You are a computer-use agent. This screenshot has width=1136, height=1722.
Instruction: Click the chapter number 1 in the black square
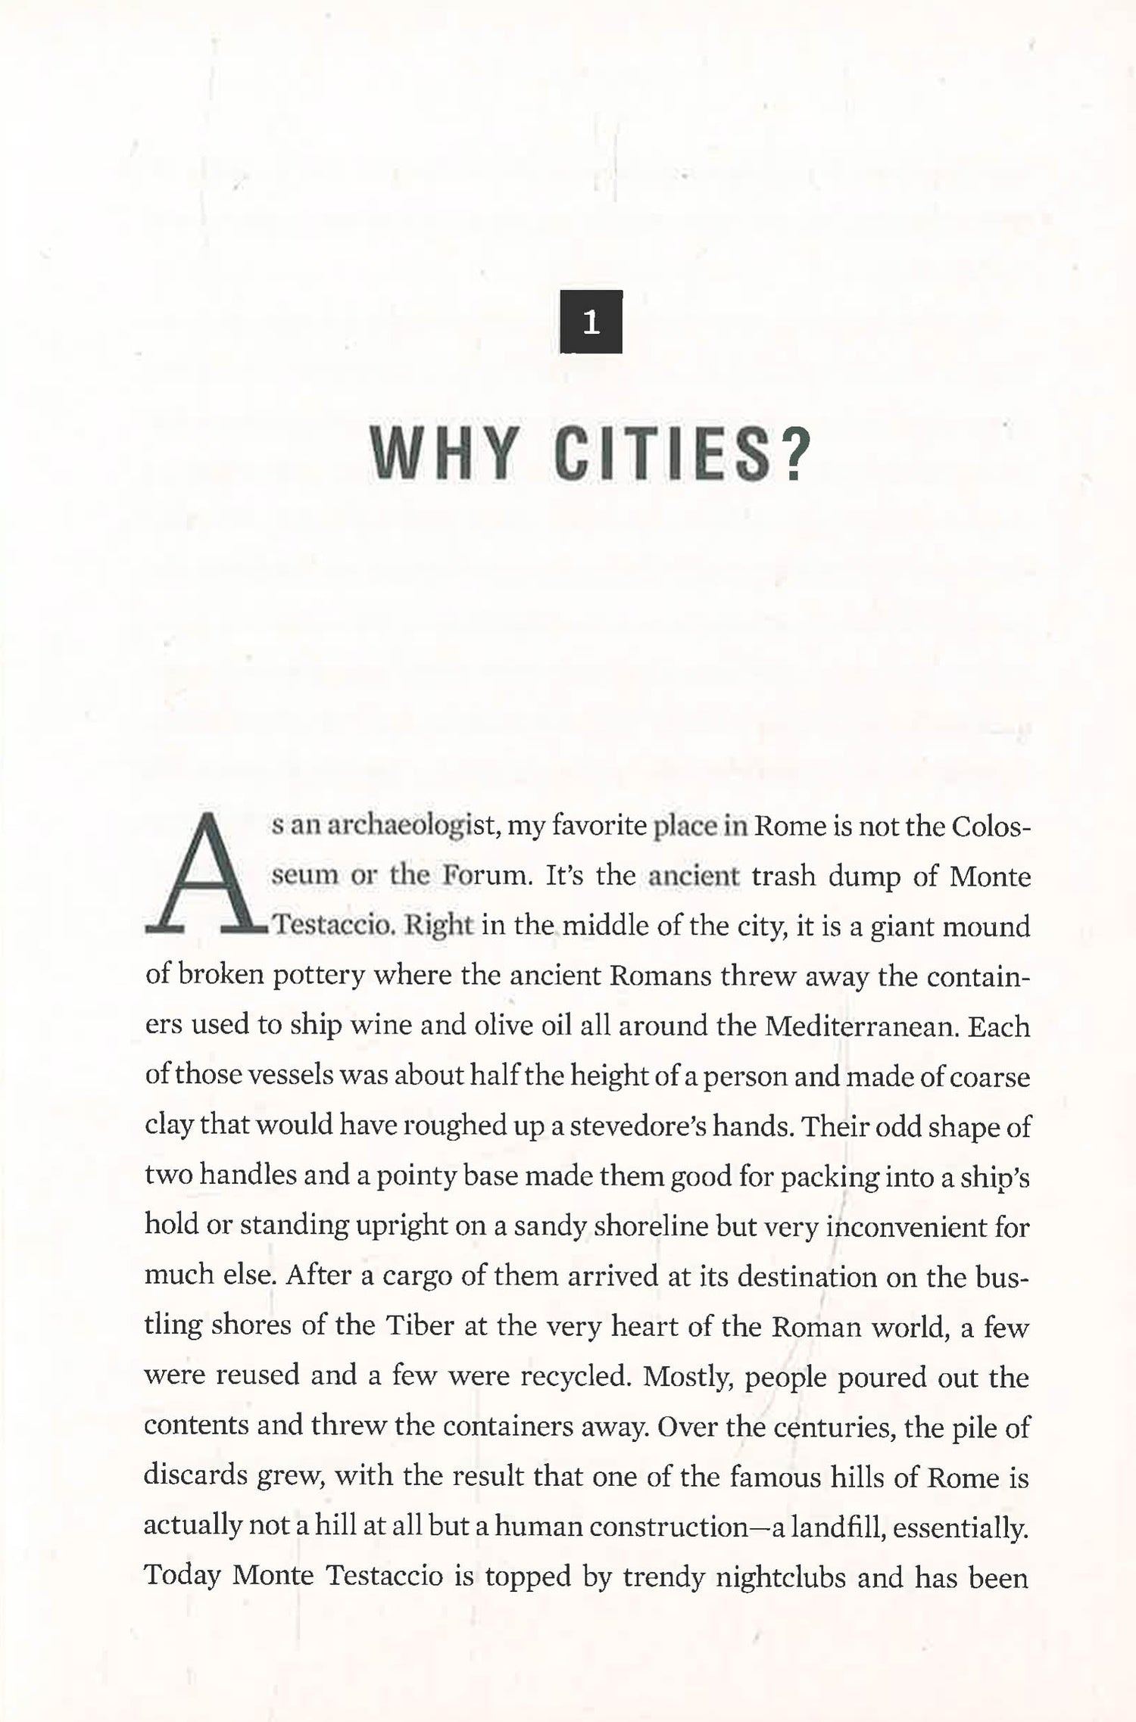tap(591, 322)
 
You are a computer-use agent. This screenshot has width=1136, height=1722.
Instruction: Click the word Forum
tap(481, 876)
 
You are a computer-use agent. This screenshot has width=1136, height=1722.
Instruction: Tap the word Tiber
tap(420, 1327)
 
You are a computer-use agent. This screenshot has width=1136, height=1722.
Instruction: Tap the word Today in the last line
tap(182, 1578)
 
